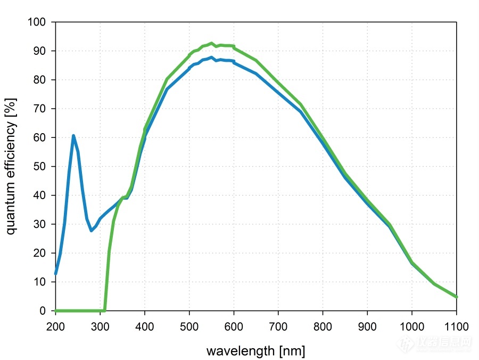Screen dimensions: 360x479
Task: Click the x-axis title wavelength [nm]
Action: pyautogui.click(x=255, y=350)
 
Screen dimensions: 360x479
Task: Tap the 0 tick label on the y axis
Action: pyautogui.click(x=45, y=311)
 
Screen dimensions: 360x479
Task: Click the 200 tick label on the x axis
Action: pyautogui.click(x=55, y=325)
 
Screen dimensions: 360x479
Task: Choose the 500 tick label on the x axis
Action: pyautogui.click(x=189, y=325)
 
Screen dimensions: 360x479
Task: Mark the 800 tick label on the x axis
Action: pyautogui.click(x=323, y=325)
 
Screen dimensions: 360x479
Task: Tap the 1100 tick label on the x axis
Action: pyautogui.click(x=456, y=325)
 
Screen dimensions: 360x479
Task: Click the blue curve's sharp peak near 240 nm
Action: pyautogui.click(x=73, y=136)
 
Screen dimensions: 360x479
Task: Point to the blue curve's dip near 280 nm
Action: pyautogui.click(x=91, y=231)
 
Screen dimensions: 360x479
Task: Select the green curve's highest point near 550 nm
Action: pyautogui.click(x=211, y=43)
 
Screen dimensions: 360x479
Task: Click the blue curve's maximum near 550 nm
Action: pyautogui.click(x=211, y=58)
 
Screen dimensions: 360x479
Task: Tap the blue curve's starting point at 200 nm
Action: pyautogui.click(x=55, y=273)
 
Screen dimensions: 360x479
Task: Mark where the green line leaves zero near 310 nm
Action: pyautogui.click(x=105, y=310)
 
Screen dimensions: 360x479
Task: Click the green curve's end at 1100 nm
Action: pyautogui.click(x=456, y=297)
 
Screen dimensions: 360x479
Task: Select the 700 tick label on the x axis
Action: pyautogui.click(x=278, y=325)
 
